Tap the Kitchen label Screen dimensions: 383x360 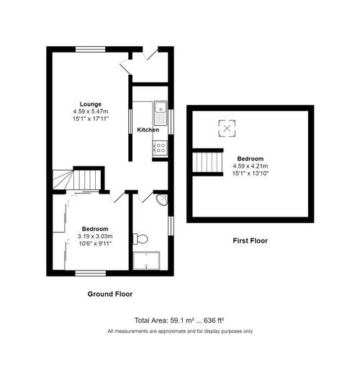148,130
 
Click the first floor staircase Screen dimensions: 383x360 206,163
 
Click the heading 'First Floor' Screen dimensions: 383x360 251,240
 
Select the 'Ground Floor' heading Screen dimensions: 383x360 110,294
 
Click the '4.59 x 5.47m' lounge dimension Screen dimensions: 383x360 91,112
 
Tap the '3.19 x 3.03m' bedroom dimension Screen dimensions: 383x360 95,235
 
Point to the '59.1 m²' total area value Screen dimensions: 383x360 183,320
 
